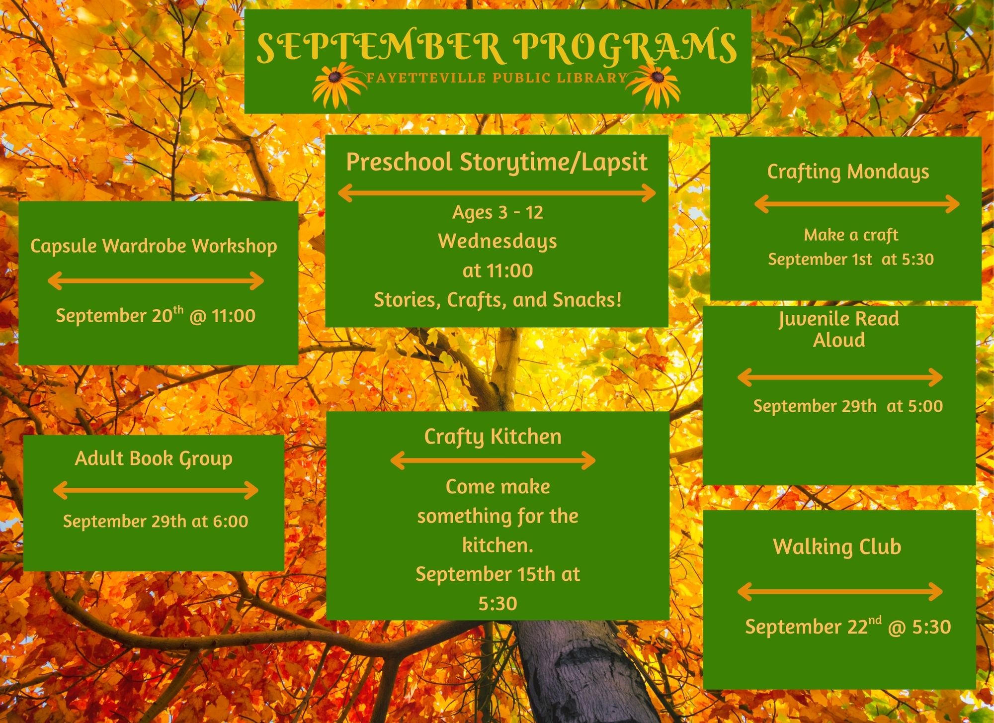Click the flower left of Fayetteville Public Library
coord(337,85)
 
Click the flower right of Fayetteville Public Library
coord(655,85)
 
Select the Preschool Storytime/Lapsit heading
coord(497,162)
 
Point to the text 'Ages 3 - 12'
coord(497,212)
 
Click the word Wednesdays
coord(497,242)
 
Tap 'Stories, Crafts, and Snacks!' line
coord(497,300)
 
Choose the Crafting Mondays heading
coord(848,172)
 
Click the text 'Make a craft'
coord(851,235)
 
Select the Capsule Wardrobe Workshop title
coord(154,246)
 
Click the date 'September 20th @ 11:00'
coord(156,315)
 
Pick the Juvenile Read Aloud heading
coord(839,329)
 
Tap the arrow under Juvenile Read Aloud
coord(840,377)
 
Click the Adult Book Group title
coord(154,459)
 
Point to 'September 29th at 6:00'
coord(156,521)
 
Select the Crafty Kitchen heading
coord(493,437)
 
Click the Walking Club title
coord(837,546)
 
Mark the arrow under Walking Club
coord(840,592)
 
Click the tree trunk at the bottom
coord(581,671)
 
